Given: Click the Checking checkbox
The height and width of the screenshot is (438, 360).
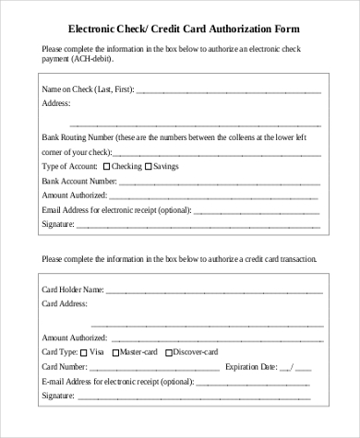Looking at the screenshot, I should [x=106, y=166].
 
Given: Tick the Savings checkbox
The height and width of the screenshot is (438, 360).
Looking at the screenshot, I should [x=147, y=166].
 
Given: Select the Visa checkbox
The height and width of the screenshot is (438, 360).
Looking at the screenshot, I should [x=84, y=351].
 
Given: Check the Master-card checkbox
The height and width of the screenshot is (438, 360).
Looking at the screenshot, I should [x=115, y=351].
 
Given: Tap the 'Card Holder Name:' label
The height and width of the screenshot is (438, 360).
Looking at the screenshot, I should [x=73, y=289].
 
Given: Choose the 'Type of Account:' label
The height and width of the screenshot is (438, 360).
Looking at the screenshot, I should [x=69, y=166].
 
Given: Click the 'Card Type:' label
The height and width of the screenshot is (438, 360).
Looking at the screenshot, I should [x=59, y=351].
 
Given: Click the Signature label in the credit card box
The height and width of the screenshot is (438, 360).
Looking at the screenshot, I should [x=58, y=396].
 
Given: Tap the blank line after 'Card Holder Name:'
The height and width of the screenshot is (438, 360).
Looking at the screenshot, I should [x=212, y=290].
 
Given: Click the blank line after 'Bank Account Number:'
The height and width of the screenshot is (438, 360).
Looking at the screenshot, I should [x=217, y=183].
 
